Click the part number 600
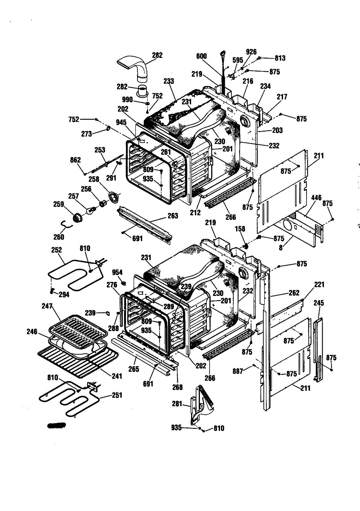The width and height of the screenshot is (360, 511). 201,56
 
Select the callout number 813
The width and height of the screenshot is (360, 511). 280,58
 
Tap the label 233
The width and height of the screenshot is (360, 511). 169,81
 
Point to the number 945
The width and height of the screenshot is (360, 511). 121,123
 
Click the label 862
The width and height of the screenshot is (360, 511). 75,160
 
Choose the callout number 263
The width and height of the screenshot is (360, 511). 173,216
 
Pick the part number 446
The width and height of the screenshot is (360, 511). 316,198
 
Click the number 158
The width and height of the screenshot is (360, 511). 240,229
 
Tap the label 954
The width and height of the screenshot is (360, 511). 117,273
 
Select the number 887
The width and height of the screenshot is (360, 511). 237,371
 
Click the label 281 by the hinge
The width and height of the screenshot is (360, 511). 177,404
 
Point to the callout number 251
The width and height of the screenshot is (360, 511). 117,395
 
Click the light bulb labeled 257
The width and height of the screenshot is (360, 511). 91,210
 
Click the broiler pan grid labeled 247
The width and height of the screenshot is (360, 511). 77,325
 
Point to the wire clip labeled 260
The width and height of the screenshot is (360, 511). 66,225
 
